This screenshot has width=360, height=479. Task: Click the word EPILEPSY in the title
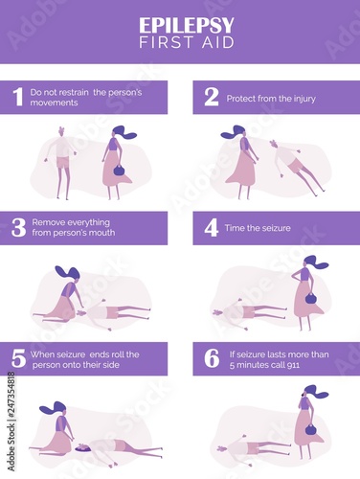(x=187, y=25)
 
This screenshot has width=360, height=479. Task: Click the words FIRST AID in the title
(x=187, y=42)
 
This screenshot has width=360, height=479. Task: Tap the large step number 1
(x=18, y=97)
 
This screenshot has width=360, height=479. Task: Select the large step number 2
(x=212, y=97)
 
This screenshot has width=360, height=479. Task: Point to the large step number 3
(x=18, y=227)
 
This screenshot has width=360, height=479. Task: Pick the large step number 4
(x=212, y=228)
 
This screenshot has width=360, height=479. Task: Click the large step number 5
(x=18, y=358)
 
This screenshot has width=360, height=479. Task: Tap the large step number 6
(x=212, y=358)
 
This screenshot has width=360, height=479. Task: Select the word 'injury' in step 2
(x=304, y=99)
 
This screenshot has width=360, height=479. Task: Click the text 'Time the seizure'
(x=258, y=228)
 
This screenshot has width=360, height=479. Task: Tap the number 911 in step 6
(x=293, y=365)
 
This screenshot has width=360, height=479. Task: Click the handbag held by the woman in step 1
(x=119, y=170)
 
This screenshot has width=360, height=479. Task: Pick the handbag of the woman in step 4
(x=311, y=298)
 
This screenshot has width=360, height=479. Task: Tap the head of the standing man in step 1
(x=61, y=131)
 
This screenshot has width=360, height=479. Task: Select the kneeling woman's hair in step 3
(x=68, y=273)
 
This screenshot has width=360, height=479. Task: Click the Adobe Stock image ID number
(x=11, y=395)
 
